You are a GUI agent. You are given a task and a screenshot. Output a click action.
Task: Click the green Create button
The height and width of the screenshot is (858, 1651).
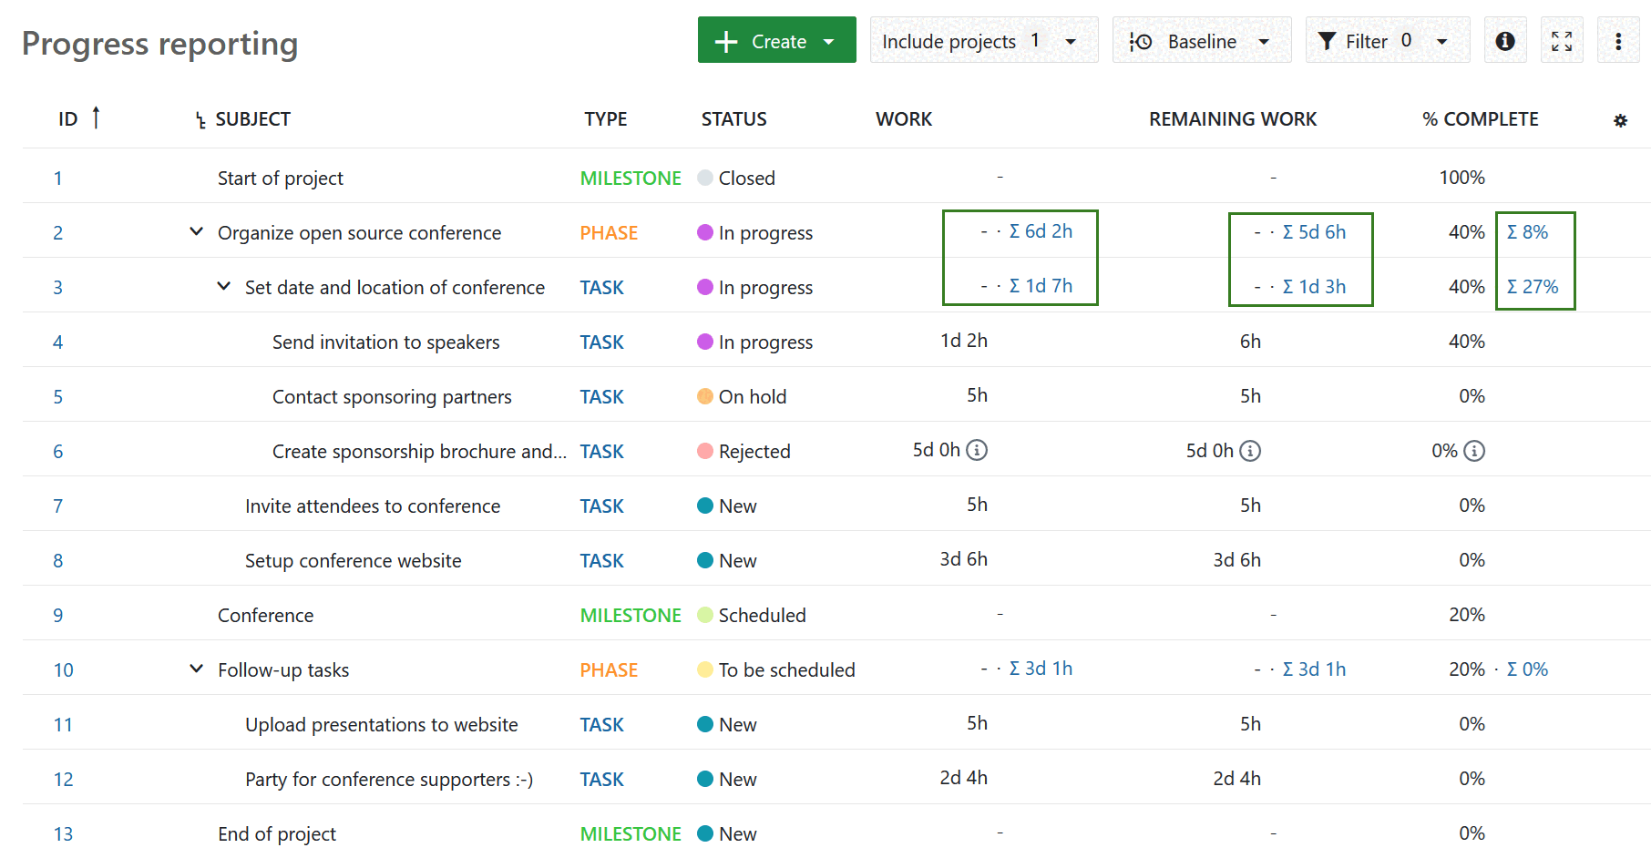776,41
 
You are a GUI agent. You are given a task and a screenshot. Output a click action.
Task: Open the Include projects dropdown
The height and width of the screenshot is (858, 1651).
983,41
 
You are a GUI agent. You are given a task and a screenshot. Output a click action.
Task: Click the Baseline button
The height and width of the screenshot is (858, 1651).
1201,41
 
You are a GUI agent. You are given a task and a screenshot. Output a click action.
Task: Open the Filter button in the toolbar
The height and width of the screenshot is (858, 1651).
1387,41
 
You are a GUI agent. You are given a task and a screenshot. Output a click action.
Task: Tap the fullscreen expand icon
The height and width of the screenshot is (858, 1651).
1562,41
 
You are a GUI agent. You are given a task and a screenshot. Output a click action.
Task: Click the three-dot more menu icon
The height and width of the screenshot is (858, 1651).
1618,41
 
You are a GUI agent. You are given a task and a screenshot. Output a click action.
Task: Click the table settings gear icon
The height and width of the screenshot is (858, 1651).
1620,120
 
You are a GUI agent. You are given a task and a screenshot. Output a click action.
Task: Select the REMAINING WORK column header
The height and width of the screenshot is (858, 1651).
1232,119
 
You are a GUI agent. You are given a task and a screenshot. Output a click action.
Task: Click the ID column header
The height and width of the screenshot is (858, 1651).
68,119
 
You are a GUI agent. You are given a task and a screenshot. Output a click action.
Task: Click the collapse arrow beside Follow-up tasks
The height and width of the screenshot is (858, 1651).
196,669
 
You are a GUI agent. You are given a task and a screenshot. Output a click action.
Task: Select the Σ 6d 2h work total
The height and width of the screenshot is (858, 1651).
1041,231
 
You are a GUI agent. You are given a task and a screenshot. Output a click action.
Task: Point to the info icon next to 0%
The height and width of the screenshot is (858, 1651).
1474,451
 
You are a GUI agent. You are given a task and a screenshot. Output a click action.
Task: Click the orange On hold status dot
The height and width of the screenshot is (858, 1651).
704,396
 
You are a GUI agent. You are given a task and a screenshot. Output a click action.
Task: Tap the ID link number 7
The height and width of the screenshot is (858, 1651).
57,506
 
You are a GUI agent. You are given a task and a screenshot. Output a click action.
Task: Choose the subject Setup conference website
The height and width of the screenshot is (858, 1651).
353,560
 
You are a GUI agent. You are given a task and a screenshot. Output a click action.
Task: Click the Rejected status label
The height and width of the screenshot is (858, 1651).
754,451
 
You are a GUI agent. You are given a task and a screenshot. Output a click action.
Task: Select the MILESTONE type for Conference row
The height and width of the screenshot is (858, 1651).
630,615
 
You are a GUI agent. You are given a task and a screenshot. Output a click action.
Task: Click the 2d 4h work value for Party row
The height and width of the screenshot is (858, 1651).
963,778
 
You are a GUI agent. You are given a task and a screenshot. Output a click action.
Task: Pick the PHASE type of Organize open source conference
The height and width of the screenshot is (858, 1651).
609,232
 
